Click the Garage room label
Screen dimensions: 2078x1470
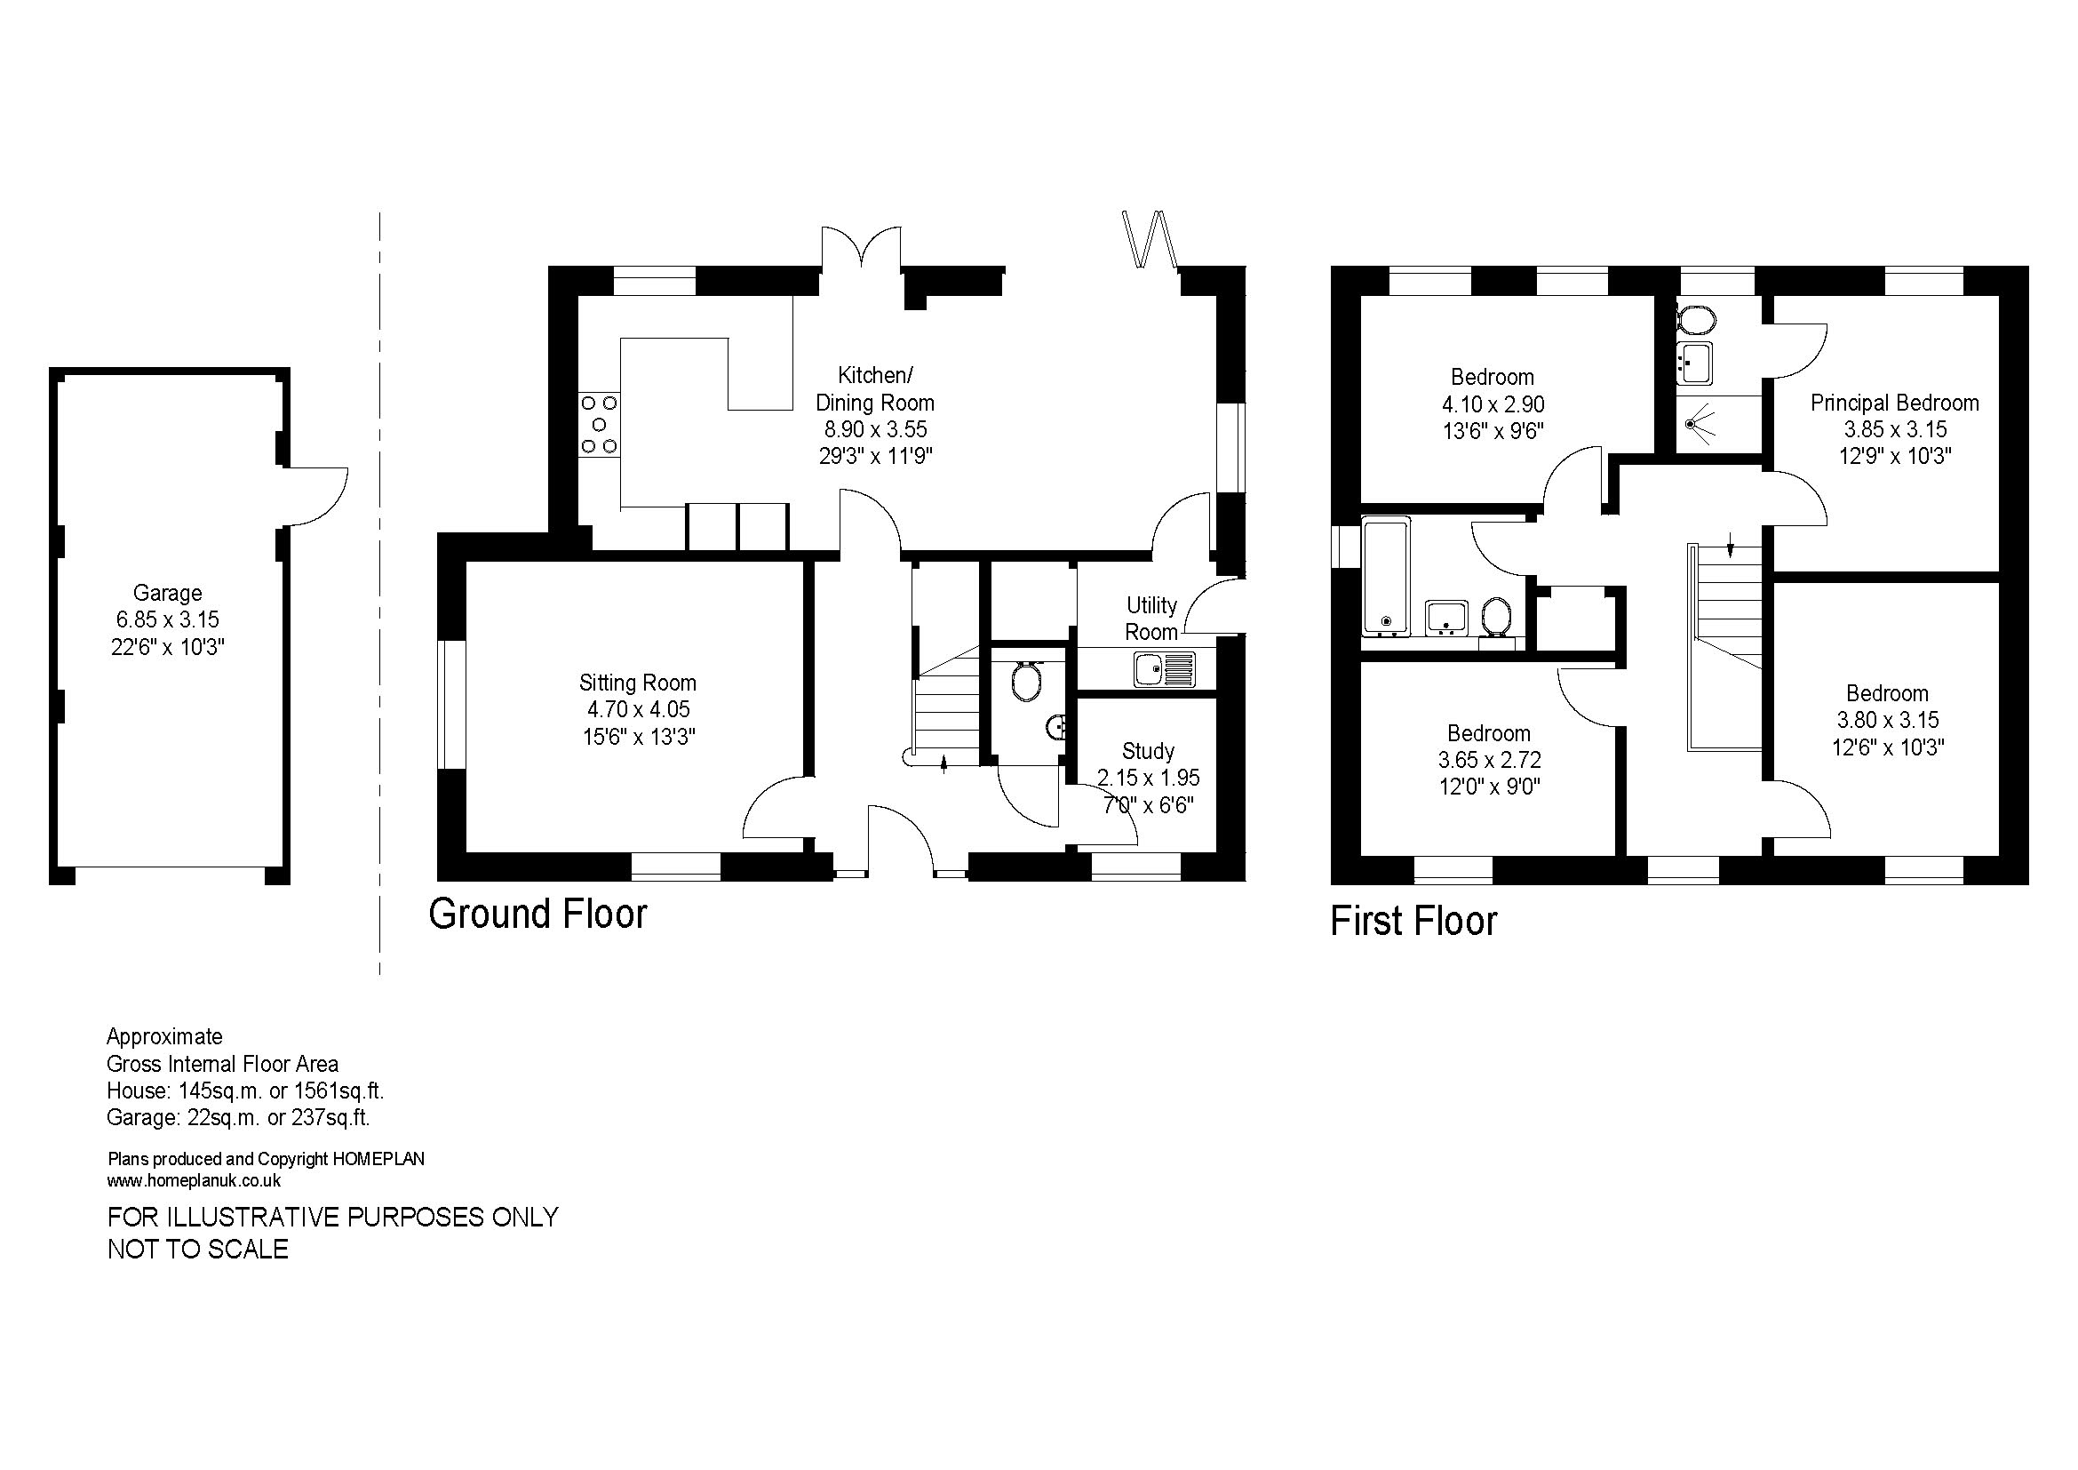coord(167,594)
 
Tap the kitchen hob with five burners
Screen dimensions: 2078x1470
coord(599,425)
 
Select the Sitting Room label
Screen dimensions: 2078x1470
coord(638,683)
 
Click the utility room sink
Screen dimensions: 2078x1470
coord(1165,670)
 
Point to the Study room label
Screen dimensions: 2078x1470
coord(1149,751)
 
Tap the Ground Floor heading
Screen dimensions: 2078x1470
coord(537,915)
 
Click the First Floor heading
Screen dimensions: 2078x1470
coord(1413,922)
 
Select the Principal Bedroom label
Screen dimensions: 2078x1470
coord(1894,403)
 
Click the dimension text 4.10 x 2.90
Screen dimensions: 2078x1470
coord(1493,404)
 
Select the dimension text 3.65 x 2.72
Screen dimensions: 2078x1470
coord(1489,761)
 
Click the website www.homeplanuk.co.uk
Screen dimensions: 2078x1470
coord(194,1181)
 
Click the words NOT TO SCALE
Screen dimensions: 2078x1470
coord(198,1249)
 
